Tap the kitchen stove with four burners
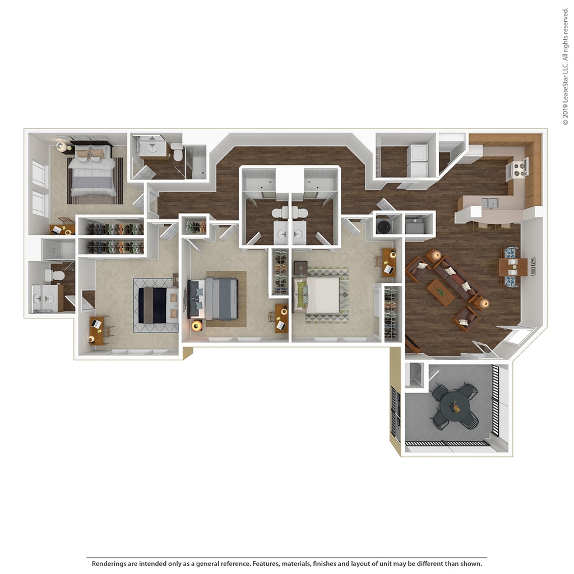[x=517, y=168]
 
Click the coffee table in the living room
[x=441, y=292]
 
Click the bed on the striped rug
[x=94, y=173]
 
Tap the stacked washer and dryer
[x=418, y=160]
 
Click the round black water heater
[x=384, y=226]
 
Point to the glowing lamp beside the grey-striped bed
[x=197, y=325]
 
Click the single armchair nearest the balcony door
[x=466, y=318]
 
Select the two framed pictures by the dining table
[x=533, y=267]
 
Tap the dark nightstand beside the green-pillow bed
[x=300, y=267]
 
